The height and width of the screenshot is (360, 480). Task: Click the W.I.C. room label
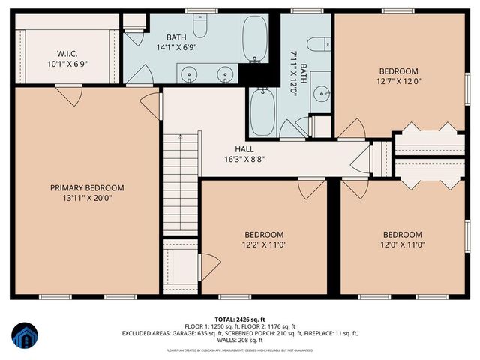pyautogui.click(x=64, y=53)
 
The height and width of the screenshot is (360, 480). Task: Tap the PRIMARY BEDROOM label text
pyautogui.click(x=87, y=187)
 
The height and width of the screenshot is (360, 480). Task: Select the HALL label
pyautogui.click(x=244, y=148)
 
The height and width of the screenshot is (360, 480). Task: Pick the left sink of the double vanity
pyautogui.click(x=189, y=73)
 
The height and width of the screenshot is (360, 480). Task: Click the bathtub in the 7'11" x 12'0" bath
pyautogui.click(x=263, y=109)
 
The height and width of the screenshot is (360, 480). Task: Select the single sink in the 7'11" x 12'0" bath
pyautogui.click(x=321, y=94)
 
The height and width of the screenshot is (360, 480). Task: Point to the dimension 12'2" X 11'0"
pyautogui.click(x=263, y=244)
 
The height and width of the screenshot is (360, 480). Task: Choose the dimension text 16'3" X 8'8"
pyautogui.click(x=244, y=159)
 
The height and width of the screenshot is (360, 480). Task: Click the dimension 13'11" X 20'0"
pyautogui.click(x=87, y=198)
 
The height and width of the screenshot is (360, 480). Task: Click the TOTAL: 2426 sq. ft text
pyautogui.click(x=240, y=319)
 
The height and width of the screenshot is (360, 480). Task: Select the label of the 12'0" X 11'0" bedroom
pyautogui.click(x=401, y=234)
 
